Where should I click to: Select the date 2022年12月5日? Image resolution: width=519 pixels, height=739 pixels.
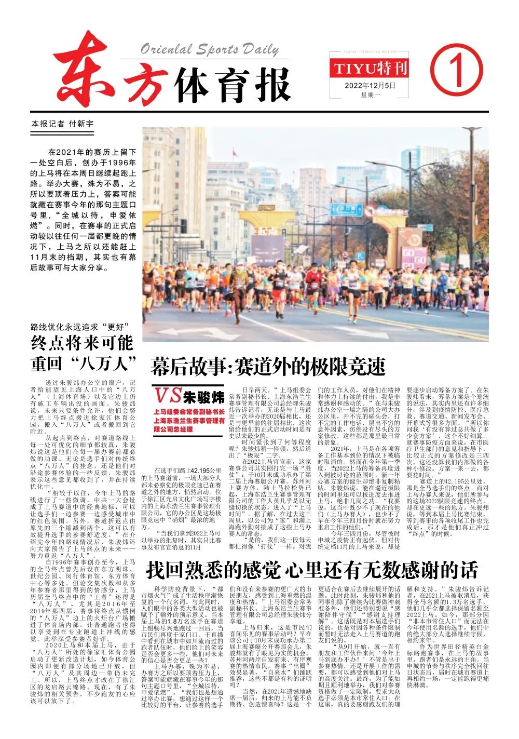370,85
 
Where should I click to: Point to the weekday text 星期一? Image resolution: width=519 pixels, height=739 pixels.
371,95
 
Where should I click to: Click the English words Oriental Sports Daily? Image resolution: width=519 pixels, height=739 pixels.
210,49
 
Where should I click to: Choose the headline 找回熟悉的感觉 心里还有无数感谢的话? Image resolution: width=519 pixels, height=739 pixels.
311,570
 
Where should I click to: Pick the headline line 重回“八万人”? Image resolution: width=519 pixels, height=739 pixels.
83,362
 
